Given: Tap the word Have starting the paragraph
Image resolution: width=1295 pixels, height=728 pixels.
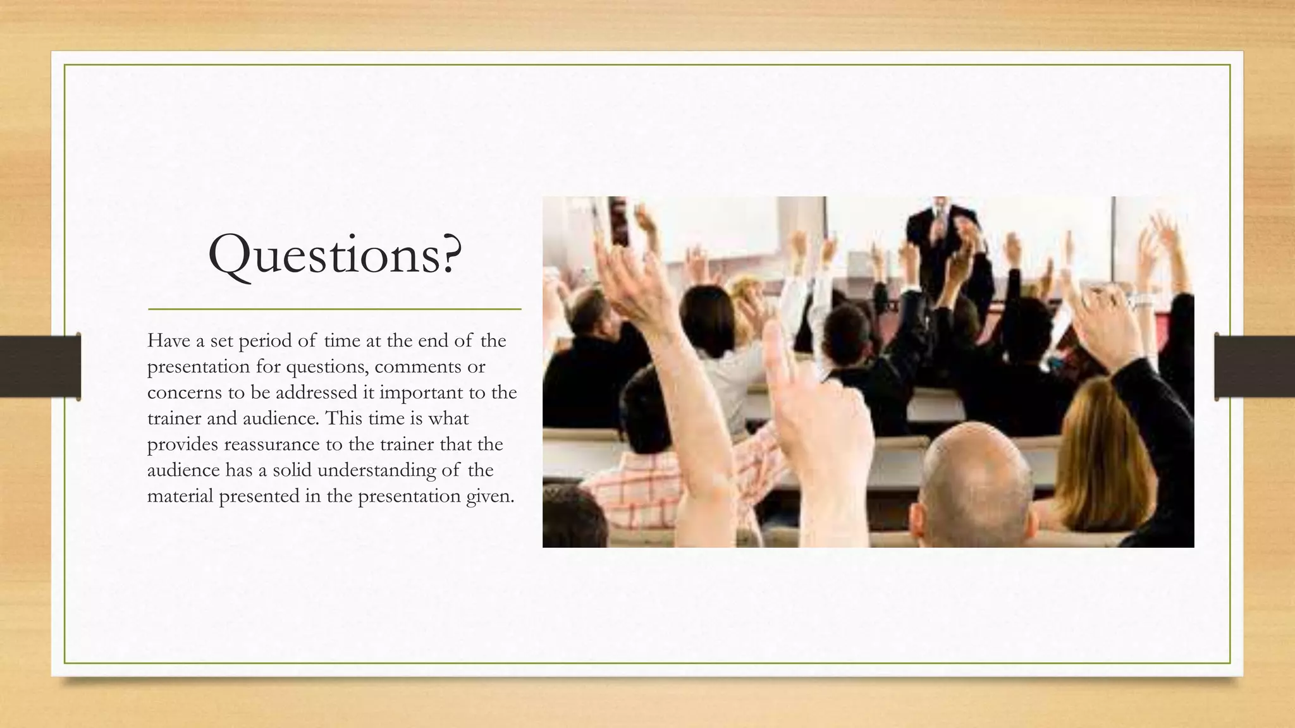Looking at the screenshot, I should pos(168,341).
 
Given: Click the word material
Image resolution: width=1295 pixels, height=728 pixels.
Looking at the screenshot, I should pos(180,496).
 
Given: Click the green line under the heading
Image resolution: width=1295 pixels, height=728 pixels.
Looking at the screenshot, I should pos(334,309).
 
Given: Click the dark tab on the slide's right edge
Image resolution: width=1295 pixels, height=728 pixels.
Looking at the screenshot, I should pos(1255,367).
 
